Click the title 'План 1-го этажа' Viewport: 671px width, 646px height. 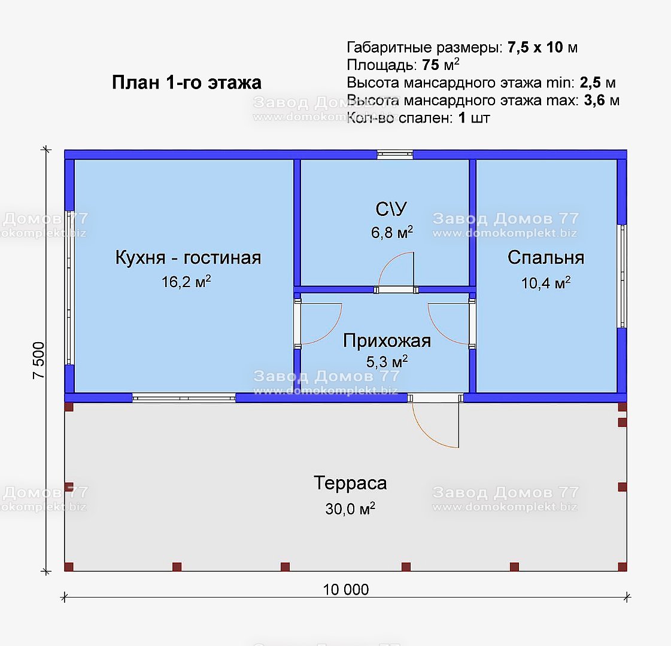187,83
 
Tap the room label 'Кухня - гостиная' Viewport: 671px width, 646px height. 188,258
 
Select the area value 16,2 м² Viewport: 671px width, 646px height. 186,281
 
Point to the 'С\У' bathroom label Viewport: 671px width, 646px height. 391,209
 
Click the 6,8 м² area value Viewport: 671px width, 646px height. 392,231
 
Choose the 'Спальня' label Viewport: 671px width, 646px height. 546,258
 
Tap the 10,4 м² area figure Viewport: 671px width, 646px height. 546,282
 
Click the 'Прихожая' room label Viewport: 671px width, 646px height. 387,341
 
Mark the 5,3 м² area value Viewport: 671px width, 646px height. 387,362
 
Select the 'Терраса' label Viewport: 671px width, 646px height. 350,483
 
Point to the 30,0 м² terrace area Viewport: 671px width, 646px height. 350,508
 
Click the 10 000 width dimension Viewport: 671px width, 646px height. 346,590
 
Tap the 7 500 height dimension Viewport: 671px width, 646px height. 38,361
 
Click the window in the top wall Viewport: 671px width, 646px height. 395,154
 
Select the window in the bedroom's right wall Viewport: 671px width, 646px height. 622,276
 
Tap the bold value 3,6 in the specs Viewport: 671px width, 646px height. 594,100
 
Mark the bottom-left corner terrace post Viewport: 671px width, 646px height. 69,567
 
